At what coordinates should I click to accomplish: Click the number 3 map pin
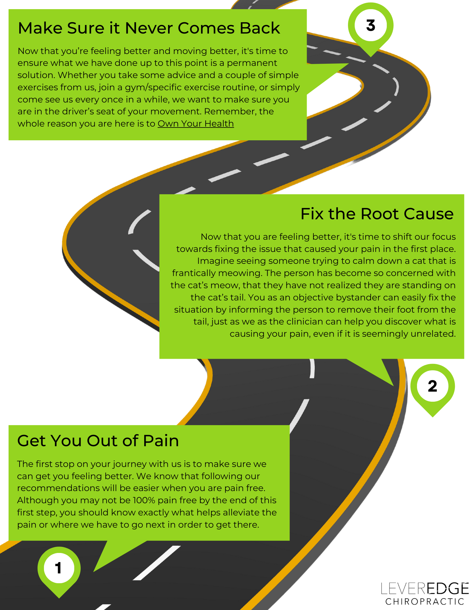tap(371, 26)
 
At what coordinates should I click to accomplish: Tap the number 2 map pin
tap(432, 386)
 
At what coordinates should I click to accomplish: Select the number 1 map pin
tap(59, 568)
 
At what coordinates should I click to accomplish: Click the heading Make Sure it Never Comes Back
tap(149, 28)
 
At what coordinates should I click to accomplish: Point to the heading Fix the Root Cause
tap(377, 214)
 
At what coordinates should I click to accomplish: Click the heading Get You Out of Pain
tap(98, 441)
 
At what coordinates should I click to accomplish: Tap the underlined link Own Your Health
tap(196, 124)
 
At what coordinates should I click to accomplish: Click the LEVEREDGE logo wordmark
tap(425, 589)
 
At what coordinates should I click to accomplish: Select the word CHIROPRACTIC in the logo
tap(425, 602)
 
